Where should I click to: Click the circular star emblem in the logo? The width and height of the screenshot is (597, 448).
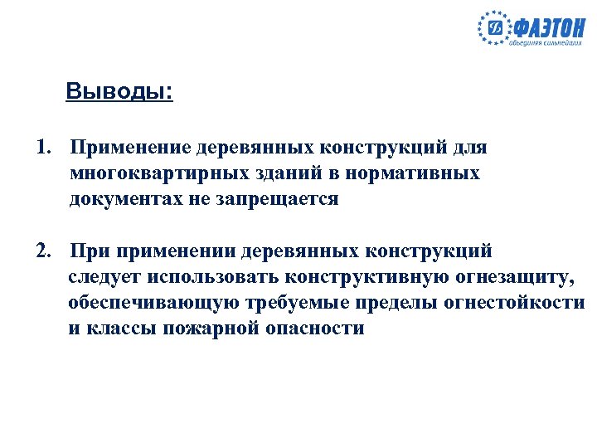pyautogui.click(x=495, y=30)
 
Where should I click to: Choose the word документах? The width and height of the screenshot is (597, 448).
pyautogui.click(x=126, y=200)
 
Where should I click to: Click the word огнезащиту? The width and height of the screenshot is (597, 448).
pyautogui.click(x=514, y=276)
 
